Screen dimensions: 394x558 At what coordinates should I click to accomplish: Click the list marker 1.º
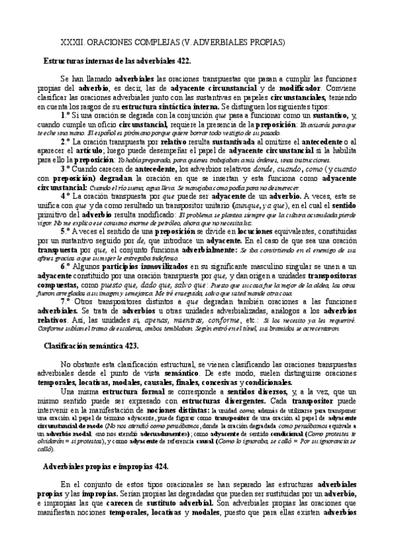click(x=64, y=114)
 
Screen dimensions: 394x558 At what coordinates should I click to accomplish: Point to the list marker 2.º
click(x=64, y=141)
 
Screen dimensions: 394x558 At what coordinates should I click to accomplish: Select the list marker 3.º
click(x=64, y=168)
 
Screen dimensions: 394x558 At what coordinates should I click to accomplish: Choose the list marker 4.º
click(x=64, y=195)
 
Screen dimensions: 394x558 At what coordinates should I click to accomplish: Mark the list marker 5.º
click(x=64, y=232)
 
